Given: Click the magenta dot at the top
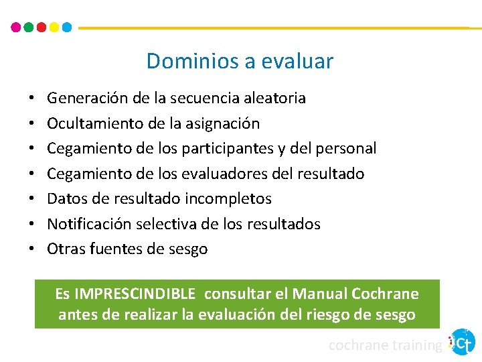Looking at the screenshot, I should point(16,27).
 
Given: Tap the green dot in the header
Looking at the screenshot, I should point(29,27).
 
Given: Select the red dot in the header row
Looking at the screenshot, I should point(42,27).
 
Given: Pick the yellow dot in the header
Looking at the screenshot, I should point(54,27).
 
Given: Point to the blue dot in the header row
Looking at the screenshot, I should point(67,27).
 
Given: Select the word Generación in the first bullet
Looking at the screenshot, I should point(88,99).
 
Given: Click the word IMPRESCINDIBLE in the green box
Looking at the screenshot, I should point(135,294).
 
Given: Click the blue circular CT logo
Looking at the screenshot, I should point(463,342).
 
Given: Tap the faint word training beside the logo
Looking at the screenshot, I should point(415,345).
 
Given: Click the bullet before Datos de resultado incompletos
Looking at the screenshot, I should point(32,199).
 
